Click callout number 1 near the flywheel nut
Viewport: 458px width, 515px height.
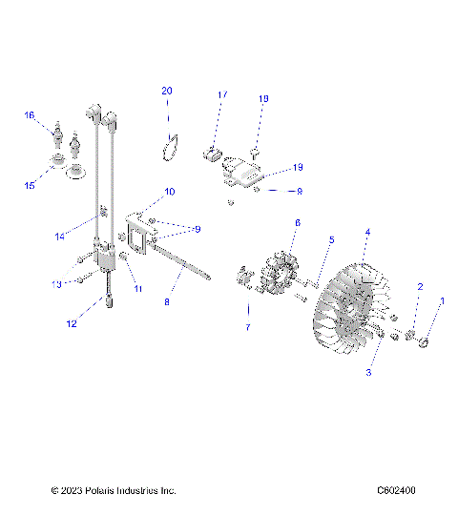441,301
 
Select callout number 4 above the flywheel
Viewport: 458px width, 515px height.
367,232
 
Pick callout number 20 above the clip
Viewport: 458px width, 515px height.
167,91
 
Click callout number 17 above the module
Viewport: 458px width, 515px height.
221,95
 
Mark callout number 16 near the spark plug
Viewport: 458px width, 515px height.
29,115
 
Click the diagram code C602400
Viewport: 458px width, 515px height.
395,491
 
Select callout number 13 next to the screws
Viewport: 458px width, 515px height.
56,283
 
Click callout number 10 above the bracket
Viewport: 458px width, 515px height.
170,192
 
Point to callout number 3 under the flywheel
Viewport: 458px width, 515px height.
369,373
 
